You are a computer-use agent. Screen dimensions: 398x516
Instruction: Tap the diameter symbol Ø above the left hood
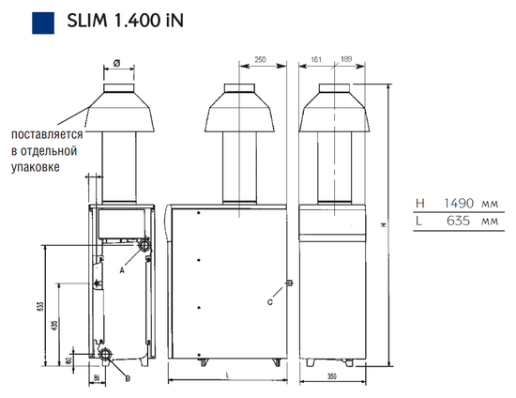(x=116, y=65)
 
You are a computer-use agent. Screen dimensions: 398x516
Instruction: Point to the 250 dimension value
(x=260, y=61)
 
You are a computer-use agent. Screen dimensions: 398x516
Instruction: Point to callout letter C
(x=271, y=300)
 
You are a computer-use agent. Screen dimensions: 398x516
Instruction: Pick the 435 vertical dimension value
(x=56, y=324)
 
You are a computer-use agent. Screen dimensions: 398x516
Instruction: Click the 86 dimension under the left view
(x=97, y=378)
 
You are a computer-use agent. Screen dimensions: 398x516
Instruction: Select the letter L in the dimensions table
(x=417, y=222)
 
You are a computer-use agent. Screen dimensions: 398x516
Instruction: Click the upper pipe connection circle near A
(x=144, y=246)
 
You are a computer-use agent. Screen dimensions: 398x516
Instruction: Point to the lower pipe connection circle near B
(x=110, y=357)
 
